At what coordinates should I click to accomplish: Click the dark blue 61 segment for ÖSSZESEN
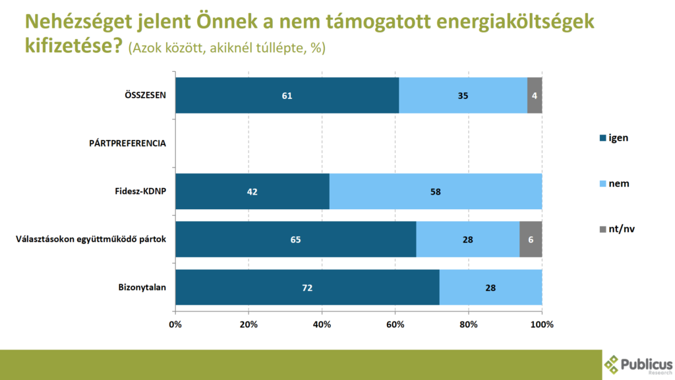[x=287, y=96]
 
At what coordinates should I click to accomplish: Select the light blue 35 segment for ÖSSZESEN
[x=463, y=96]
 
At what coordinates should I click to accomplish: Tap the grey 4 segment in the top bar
[x=535, y=96]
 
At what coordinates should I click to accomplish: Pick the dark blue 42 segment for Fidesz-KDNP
[x=252, y=192]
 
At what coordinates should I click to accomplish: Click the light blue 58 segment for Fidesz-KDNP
[x=435, y=192]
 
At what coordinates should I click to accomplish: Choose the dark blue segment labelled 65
[x=295, y=239]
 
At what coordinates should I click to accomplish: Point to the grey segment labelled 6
[x=531, y=239]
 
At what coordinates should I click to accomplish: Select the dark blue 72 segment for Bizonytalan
[x=307, y=287]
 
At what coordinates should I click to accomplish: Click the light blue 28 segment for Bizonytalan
[x=490, y=287]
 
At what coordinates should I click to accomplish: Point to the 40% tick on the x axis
[x=322, y=324]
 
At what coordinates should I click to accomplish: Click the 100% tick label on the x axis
[x=541, y=324]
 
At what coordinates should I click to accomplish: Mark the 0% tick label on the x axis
[x=175, y=324]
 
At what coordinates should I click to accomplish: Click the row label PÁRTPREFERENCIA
[x=127, y=143]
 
